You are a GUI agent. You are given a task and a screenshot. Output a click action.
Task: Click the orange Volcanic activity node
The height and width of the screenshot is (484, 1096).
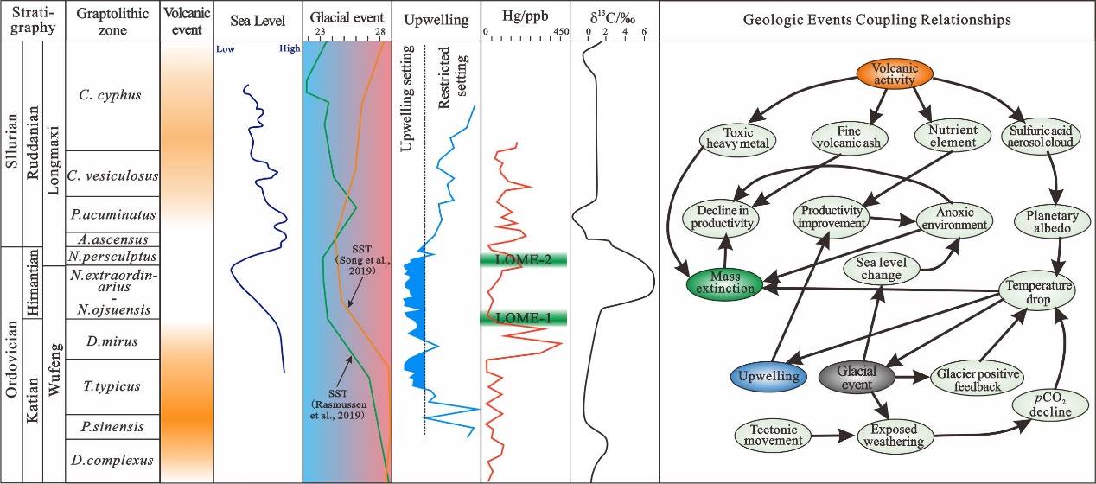click(894, 74)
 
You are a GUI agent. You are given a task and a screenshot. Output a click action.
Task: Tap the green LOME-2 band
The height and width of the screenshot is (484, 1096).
click(524, 259)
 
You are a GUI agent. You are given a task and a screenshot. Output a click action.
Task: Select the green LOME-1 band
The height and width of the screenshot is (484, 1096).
click(524, 319)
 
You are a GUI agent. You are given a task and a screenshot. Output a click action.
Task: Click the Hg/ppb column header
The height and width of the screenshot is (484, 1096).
click(525, 18)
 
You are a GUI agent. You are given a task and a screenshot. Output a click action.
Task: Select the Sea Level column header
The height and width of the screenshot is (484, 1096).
click(257, 18)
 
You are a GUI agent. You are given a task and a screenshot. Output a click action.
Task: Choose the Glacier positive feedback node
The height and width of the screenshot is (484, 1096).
click(978, 380)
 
